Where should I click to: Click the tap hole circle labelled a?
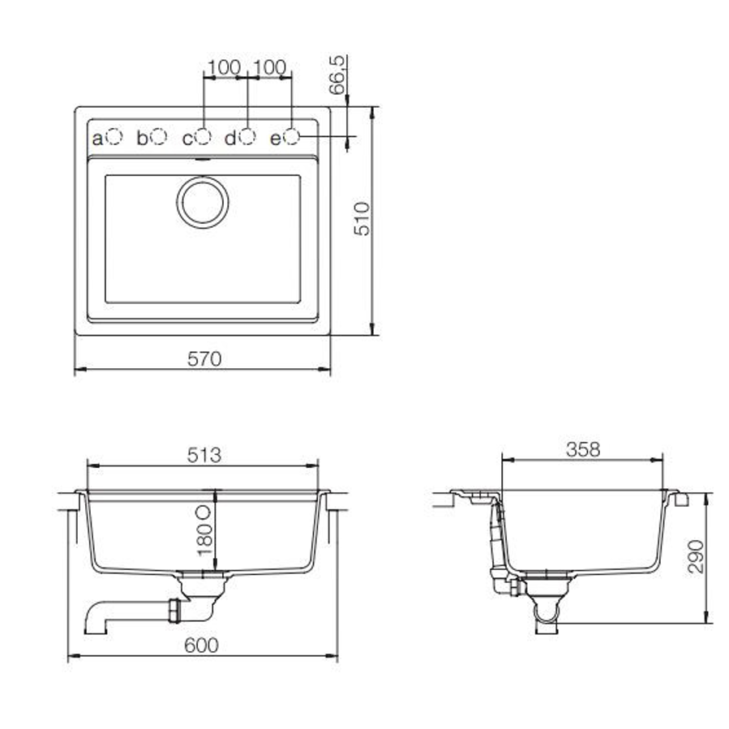(114, 137)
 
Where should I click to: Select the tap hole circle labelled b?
(159, 136)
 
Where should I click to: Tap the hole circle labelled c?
(204, 136)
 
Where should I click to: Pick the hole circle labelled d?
(247, 136)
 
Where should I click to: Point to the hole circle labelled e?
(291, 136)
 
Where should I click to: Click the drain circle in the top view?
(203, 202)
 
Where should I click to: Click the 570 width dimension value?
(204, 359)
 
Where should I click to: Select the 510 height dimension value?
(362, 219)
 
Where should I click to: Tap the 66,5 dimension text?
(338, 75)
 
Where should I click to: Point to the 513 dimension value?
(204, 455)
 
